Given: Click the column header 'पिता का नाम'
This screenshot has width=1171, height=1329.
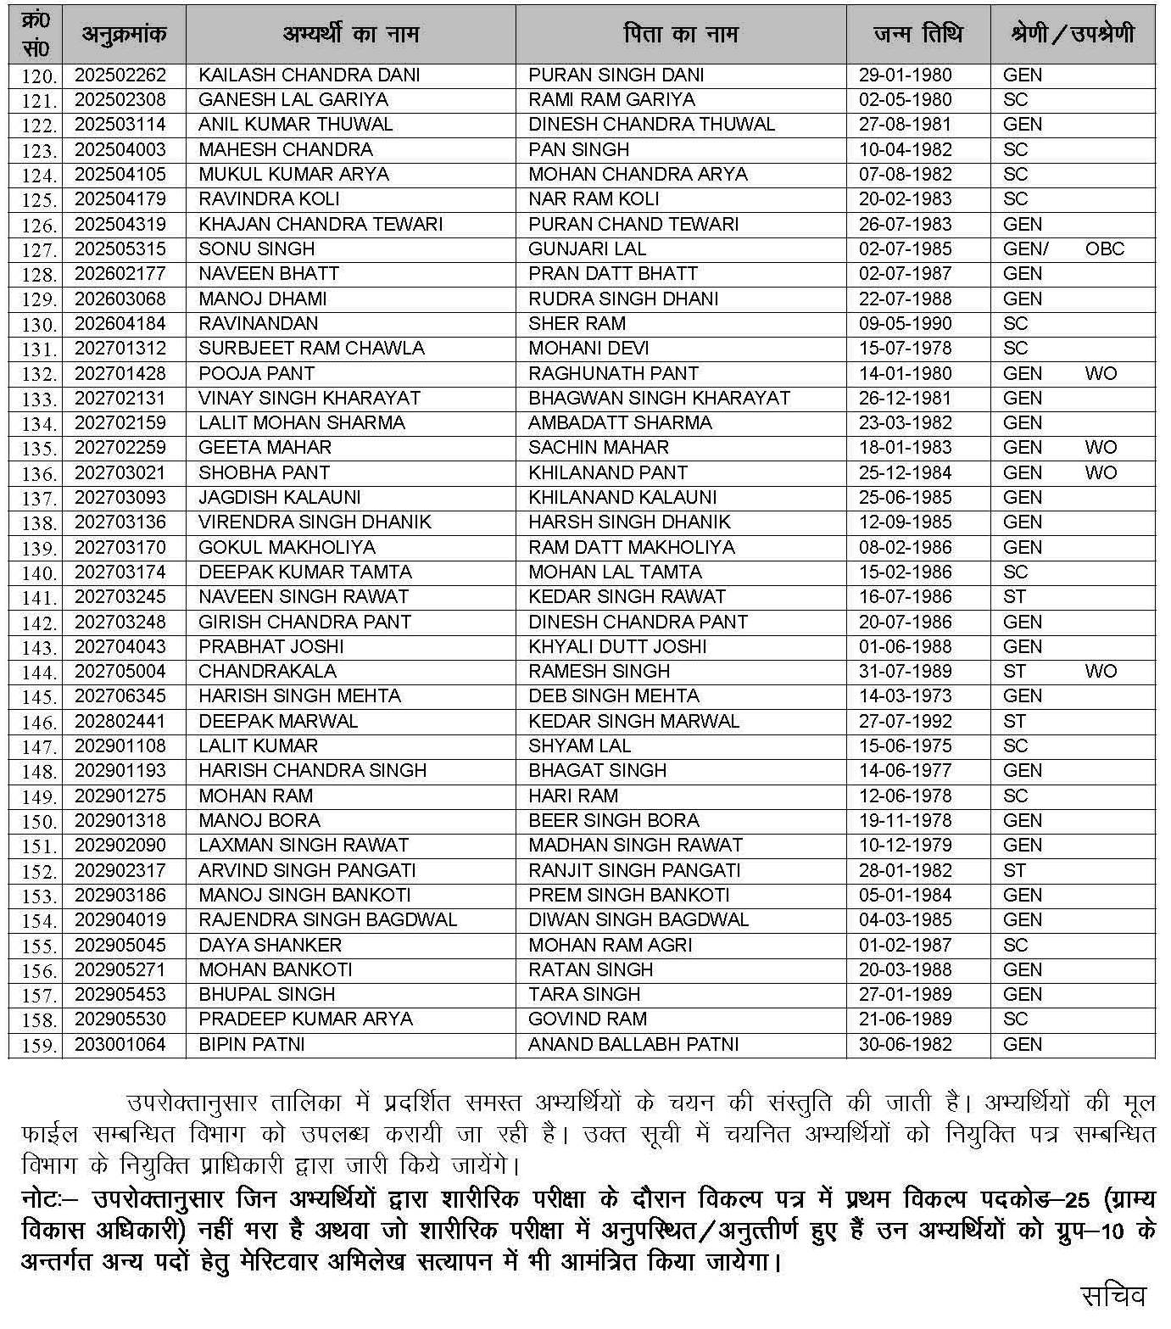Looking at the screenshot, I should click(680, 35).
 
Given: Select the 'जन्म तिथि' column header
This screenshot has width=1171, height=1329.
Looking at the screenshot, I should click(917, 35).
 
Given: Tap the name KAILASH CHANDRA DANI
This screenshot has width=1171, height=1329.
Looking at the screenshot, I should click(309, 75).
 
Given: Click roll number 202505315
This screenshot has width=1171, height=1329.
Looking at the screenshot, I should click(120, 249).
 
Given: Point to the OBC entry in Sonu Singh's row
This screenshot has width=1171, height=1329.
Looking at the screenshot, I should click(1104, 249).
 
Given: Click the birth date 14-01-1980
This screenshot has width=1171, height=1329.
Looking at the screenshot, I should click(905, 374).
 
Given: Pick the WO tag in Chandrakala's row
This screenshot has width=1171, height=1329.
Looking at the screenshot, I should click(1101, 672).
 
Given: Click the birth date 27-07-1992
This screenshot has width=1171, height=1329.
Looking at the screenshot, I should click(905, 722).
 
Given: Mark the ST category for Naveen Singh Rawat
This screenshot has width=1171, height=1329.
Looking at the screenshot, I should click(1014, 597).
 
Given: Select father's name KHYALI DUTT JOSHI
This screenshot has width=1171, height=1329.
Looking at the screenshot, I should click(617, 647).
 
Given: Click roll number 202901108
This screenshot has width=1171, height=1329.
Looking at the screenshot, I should click(120, 746).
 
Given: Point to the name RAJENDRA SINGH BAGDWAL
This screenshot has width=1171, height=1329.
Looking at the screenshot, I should click(327, 920).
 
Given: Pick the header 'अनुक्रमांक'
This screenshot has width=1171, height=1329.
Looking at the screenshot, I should click(124, 35).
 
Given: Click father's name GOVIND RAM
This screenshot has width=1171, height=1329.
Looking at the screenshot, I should click(587, 1019).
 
